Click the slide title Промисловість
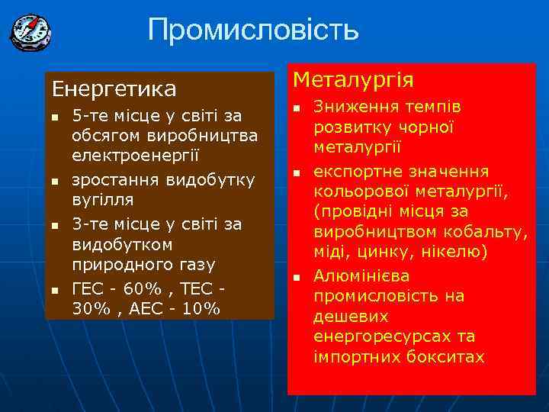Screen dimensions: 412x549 (x=252, y=31)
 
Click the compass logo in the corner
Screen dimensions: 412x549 (x=30, y=32)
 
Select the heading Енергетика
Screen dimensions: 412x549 (x=114, y=89)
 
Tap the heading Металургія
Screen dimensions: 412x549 (x=353, y=79)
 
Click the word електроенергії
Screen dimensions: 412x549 (x=135, y=155)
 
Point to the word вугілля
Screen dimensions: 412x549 (x=102, y=200)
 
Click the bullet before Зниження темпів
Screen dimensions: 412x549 (x=298, y=108)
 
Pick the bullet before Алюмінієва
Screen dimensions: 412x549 (x=298, y=276)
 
